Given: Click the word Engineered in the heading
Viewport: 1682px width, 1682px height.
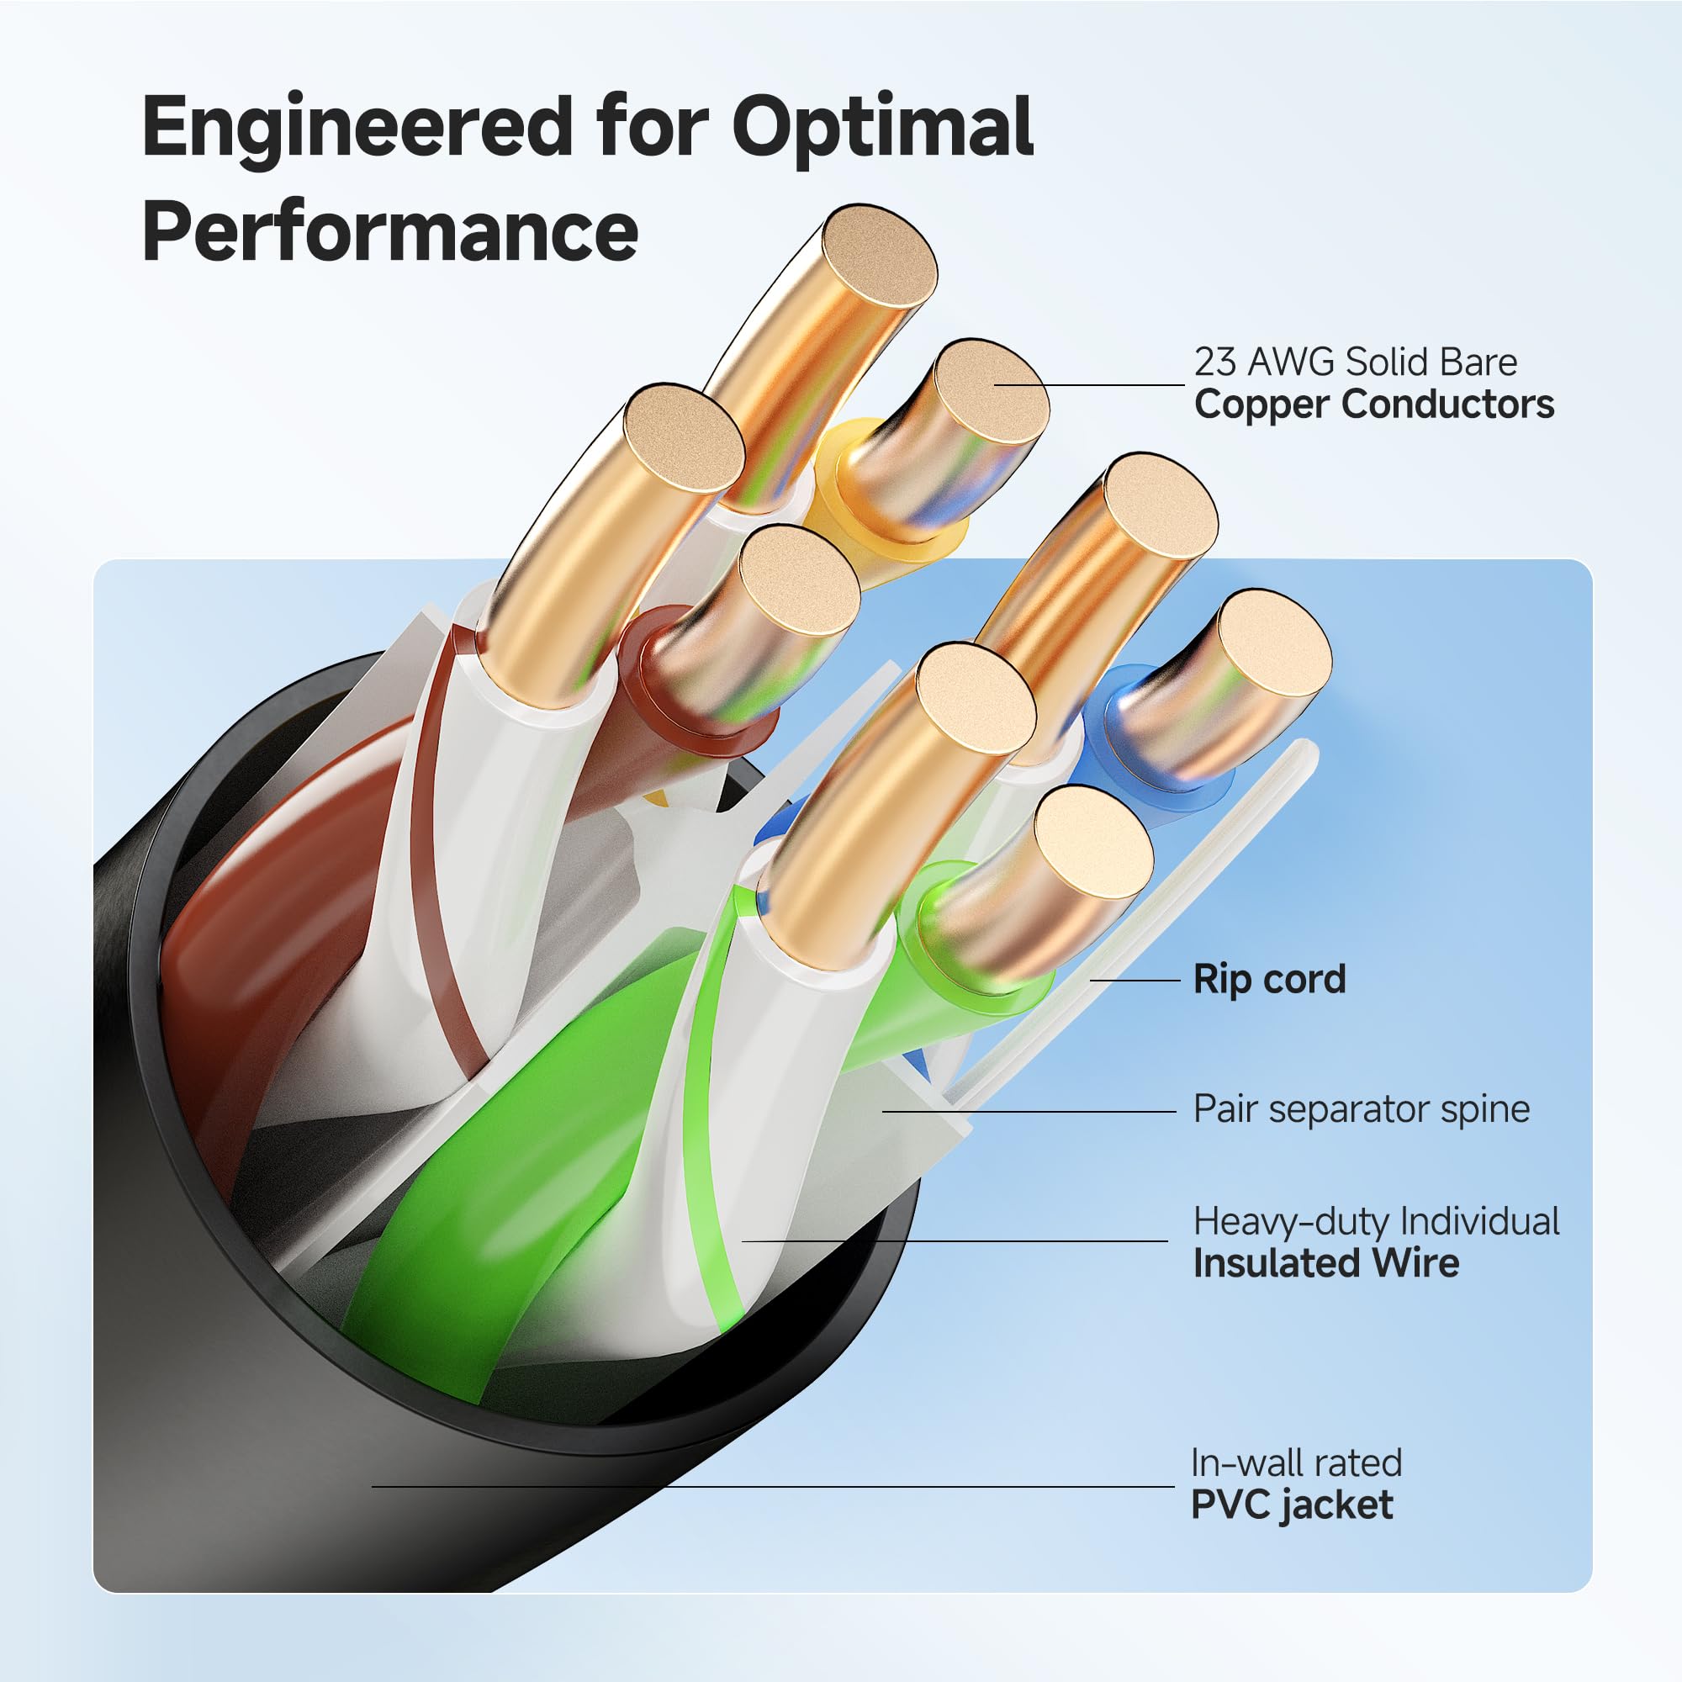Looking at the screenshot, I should click(x=357, y=128).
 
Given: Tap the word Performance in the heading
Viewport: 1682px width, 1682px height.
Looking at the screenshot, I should click(x=390, y=231).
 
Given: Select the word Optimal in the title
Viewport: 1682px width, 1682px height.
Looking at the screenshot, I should click(x=882, y=128).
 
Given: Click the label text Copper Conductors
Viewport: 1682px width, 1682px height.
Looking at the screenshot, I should click(x=1374, y=405).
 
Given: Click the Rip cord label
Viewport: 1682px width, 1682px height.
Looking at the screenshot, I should click(x=1268, y=980).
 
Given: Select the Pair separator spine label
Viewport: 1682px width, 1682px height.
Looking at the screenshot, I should click(x=1361, y=1109).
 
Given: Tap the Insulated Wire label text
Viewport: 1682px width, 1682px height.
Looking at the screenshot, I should click(x=1325, y=1263).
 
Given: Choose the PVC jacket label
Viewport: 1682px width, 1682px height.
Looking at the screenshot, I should click(x=1291, y=1505).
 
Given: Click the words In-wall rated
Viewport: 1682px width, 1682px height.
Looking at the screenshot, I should click(x=1295, y=1463).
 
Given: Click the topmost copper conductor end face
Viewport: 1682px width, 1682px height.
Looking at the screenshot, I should click(x=880, y=257).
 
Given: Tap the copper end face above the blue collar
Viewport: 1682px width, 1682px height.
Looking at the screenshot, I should click(x=1273, y=643).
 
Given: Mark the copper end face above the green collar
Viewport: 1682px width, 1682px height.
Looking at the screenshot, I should click(x=1092, y=842).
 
